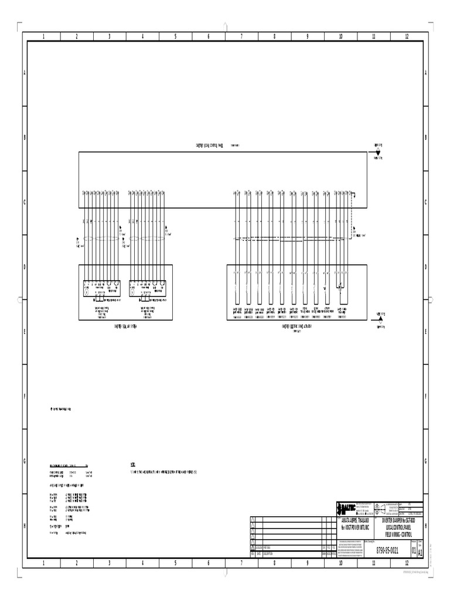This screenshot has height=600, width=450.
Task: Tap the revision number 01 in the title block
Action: (x=414, y=551)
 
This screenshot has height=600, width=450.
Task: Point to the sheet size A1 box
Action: (x=420, y=551)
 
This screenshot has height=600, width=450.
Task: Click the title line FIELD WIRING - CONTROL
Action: (x=398, y=535)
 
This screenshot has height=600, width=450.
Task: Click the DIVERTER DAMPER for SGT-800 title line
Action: (x=398, y=520)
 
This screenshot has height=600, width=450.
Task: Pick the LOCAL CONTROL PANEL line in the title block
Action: (x=398, y=527)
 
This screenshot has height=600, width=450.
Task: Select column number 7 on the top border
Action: (x=241, y=36)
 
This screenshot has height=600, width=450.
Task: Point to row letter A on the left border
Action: (x=25, y=73)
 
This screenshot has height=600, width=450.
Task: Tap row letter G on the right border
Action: (x=425, y=461)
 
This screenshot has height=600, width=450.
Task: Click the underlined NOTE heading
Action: (x=132, y=464)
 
